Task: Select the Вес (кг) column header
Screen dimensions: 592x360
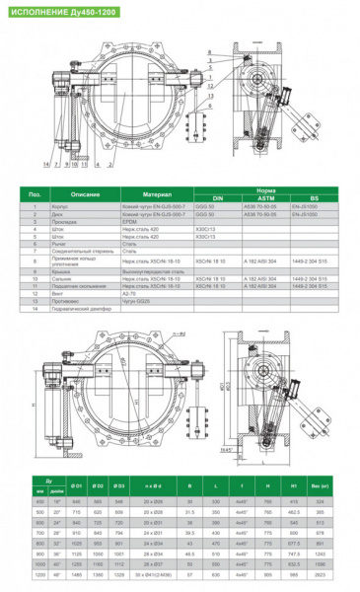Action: [320, 486]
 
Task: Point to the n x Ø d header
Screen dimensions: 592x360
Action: [153, 486]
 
